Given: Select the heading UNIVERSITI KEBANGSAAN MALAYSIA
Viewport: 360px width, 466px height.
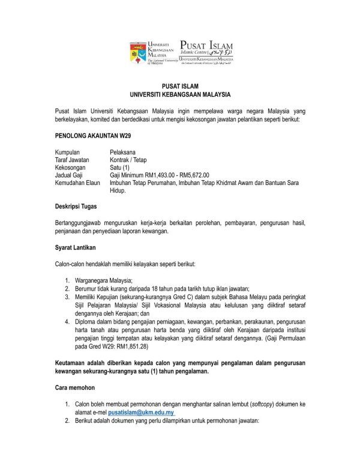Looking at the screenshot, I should [180, 95].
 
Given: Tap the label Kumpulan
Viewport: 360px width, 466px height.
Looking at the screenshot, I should [67, 153].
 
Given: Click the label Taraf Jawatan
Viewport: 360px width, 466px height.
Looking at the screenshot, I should [72, 161].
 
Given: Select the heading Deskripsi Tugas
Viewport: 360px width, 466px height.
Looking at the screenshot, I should [76, 207].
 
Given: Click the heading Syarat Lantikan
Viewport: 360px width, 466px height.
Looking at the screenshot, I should [75, 247].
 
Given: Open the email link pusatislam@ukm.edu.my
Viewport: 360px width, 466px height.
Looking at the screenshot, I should [141, 413].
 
